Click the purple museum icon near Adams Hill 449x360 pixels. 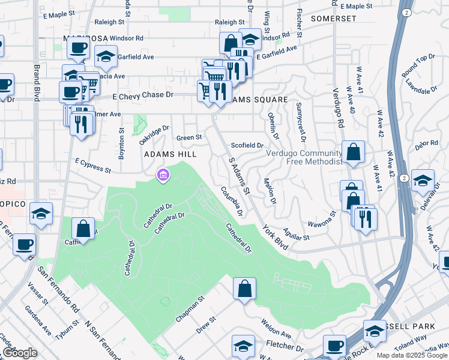coord(162,175)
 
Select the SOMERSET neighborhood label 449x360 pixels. coord(334,19)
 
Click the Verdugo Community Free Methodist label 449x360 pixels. coord(304,157)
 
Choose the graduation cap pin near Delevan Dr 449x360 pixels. coord(423,180)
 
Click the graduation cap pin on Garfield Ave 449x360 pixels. coord(106,57)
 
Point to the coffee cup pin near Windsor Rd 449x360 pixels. coord(78,48)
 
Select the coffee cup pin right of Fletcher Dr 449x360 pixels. coord(334,346)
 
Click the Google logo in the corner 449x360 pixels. coord(20,353)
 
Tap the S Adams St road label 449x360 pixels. coord(239,175)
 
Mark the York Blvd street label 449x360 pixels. coord(274,237)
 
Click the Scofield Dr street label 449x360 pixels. coord(247,145)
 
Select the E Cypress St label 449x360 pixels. coord(93,166)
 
